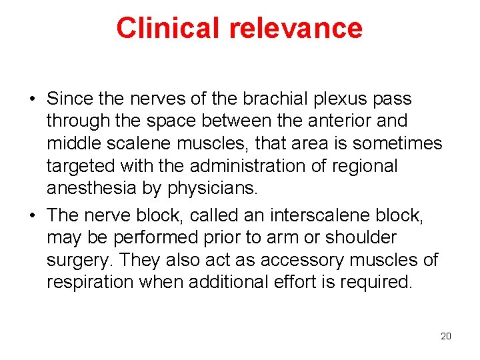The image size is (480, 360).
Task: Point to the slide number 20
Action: pyautogui.click(x=446, y=336)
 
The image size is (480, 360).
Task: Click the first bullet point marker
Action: pyautogui.click(x=31, y=100)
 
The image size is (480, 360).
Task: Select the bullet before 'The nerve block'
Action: pyautogui.click(x=31, y=215)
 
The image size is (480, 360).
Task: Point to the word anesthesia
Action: pyautogui.click(x=91, y=188)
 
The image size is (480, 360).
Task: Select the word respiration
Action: pyautogui.click(x=90, y=281)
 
